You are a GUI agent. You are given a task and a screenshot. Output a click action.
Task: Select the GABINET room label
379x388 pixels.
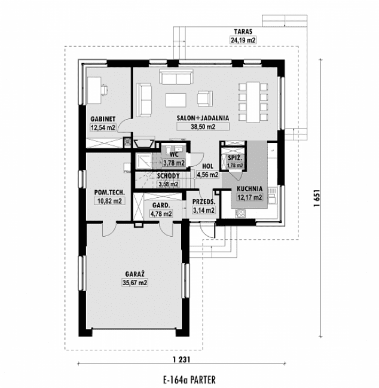103,118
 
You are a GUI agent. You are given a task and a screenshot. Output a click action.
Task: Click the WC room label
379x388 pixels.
174,154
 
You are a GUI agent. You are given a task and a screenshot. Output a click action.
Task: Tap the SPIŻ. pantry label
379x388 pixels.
235,158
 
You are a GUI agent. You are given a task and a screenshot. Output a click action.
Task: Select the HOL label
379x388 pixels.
208,167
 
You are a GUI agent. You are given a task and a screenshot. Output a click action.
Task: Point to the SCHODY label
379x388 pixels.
167,176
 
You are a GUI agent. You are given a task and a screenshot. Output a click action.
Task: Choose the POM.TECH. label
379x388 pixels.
108,193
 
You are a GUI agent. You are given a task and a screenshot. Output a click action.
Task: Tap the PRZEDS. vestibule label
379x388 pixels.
203,202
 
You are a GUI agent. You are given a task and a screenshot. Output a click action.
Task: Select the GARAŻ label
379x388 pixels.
135,274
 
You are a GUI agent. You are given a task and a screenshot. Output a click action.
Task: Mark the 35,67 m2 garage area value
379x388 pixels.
135,283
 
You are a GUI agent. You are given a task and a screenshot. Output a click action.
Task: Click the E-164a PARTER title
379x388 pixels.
188,379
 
